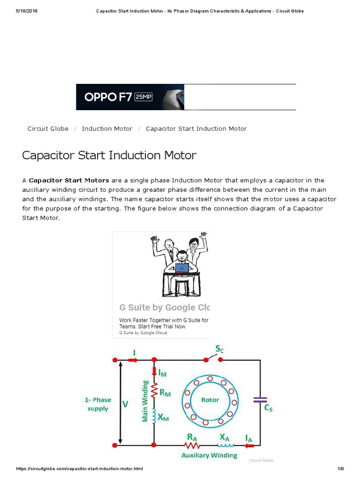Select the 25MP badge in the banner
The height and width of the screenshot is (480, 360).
(x=143, y=97)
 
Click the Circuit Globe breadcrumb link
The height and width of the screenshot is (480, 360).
(x=48, y=128)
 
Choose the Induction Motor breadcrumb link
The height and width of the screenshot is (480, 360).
(x=107, y=128)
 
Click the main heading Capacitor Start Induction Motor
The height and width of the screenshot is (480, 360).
(x=109, y=155)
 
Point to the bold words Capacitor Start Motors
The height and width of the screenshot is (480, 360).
(x=69, y=180)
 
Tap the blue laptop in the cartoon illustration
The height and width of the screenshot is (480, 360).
(x=182, y=268)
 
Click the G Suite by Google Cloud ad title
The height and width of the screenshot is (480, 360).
(x=164, y=307)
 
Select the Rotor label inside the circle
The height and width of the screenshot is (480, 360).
(x=210, y=400)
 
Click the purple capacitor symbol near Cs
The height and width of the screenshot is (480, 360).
(x=260, y=400)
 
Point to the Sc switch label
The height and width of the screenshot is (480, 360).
(x=219, y=349)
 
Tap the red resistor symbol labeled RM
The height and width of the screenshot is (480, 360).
(x=154, y=389)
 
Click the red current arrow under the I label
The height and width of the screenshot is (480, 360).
(x=133, y=360)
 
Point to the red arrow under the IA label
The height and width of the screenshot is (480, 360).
(x=249, y=444)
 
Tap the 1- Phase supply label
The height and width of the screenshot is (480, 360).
(x=97, y=404)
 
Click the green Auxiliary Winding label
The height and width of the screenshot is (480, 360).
(x=209, y=455)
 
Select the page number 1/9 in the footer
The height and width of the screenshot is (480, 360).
(x=340, y=469)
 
